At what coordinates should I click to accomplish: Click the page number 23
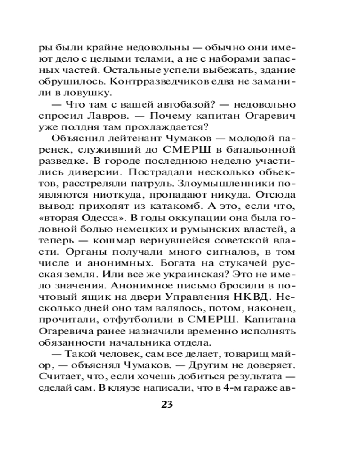(x=166, y=403)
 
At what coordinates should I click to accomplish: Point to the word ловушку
(x=94, y=93)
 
